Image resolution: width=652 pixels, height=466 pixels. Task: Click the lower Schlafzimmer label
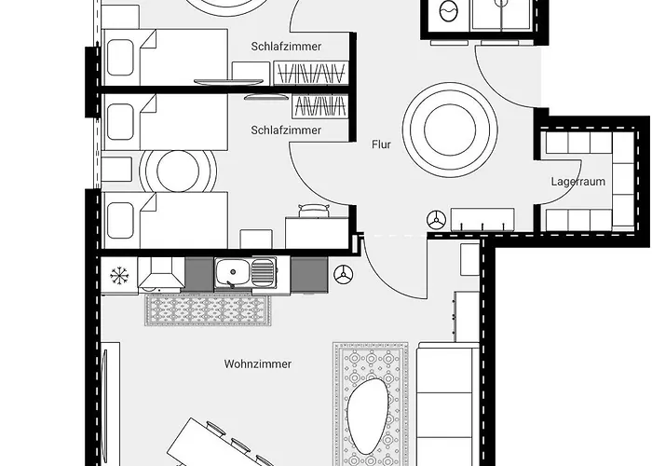(286, 130)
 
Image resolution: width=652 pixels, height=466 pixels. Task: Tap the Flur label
(380, 145)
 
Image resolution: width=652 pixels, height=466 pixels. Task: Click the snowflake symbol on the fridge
(118, 275)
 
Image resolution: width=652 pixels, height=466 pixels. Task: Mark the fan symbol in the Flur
(434, 219)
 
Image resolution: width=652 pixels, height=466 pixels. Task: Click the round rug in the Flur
(451, 123)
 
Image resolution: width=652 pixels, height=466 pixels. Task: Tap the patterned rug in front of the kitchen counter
(209, 309)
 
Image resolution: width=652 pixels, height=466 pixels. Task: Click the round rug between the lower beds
(177, 171)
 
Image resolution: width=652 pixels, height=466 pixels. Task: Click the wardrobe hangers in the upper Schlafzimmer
(311, 73)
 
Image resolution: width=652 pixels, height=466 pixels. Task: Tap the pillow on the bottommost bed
(122, 220)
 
